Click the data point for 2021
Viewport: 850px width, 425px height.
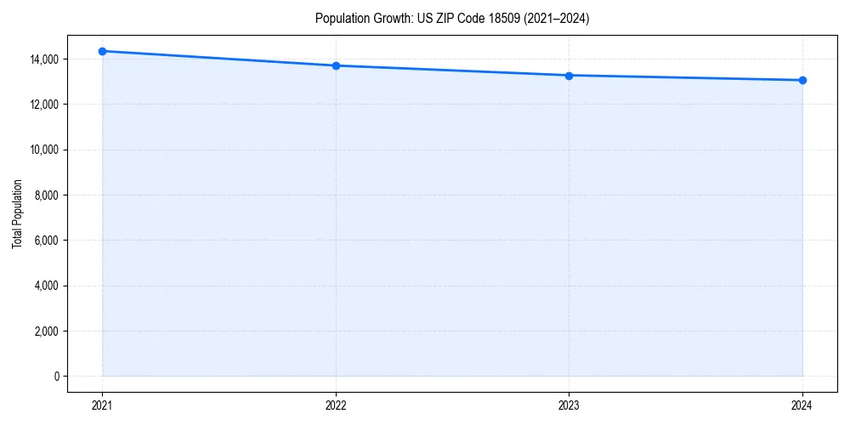pyautogui.click(x=103, y=51)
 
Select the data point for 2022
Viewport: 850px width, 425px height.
pyautogui.click(x=336, y=65)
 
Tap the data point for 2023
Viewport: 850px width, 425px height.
pyautogui.click(x=569, y=76)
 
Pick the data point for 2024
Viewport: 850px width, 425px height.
pyautogui.click(x=802, y=80)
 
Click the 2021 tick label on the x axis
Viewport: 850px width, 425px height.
pyautogui.click(x=103, y=405)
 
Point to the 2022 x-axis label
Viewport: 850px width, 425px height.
pyautogui.click(x=336, y=405)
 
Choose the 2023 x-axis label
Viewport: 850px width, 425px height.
pyautogui.click(x=569, y=405)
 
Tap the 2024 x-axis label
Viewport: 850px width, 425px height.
pyautogui.click(x=802, y=405)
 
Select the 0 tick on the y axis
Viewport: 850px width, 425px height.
pyautogui.click(x=56, y=376)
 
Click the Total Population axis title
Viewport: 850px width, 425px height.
pyautogui.click(x=17, y=213)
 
